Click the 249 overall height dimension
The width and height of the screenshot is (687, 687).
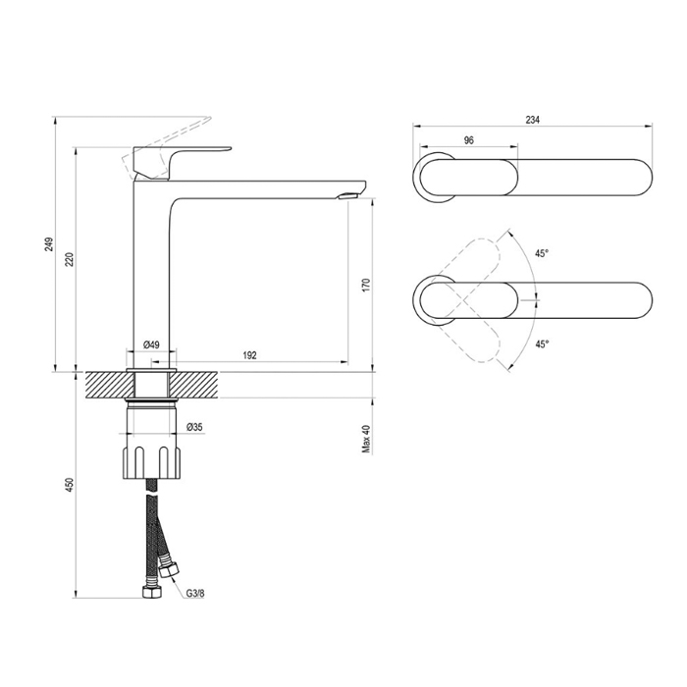(x=49, y=244)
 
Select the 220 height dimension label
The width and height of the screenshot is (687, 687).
(x=70, y=259)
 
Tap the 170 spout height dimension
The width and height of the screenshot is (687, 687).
(x=366, y=285)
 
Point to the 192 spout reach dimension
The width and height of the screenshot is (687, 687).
(x=249, y=355)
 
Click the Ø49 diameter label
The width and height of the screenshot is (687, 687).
(x=151, y=344)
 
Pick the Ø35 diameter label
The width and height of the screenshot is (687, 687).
(x=194, y=427)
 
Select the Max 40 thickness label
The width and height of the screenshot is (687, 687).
(x=366, y=439)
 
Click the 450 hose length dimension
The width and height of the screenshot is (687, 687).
(x=70, y=485)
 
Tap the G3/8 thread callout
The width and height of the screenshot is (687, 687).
(x=195, y=593)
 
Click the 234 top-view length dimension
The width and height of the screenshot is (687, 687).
(x=532, y=120)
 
